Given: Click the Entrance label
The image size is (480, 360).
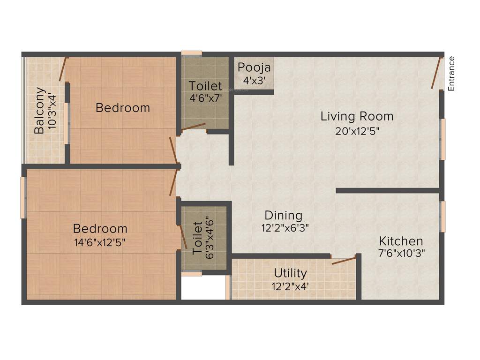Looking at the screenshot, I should pos(452,73).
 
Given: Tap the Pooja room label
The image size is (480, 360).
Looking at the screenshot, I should pos(255,67).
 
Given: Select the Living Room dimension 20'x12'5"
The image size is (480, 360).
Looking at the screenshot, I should pos(357,131).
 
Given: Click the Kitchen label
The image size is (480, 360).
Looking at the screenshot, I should pos(401,241).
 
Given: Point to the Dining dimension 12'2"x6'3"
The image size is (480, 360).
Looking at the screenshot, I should pos(285,228).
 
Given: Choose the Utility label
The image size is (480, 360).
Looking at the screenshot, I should pos(291,273).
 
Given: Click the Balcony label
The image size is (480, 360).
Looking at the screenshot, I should pos(40,111).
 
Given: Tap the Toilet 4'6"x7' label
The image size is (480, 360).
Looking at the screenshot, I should pos(205,86).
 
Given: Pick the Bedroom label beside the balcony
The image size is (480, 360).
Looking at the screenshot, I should pos(123,108).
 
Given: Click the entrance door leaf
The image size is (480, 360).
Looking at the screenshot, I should pos(437,73).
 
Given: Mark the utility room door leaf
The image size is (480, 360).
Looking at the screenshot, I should pos(344,261).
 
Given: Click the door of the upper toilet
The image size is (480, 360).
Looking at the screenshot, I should pos(194,127).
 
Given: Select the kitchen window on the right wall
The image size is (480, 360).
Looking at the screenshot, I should pos(442,217).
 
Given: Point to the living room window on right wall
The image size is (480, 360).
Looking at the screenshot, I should pos(442,139).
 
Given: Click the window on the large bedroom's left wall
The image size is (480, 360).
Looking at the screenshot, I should pos(22,197).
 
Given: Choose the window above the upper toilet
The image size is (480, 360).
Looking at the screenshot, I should pos(192,53).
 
